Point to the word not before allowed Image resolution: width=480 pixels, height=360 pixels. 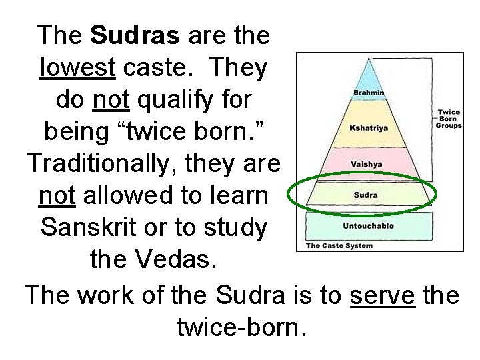pyautogui.click(x=56, y=196)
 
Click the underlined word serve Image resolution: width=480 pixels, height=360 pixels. pyautogui.click(x=383, y=294)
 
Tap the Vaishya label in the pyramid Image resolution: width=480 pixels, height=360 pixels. pyautogui.click(x=365, y=163)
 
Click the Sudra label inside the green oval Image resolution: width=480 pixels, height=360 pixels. pyautogui.click(x=365, y=195)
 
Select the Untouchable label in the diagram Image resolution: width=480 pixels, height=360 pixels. pyautogui.click(x=368, y=225)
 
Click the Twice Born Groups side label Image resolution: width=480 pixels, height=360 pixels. pyautogui.click(x=448, y=119)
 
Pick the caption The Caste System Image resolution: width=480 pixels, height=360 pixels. pyautogui.click(x=339, y=245)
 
